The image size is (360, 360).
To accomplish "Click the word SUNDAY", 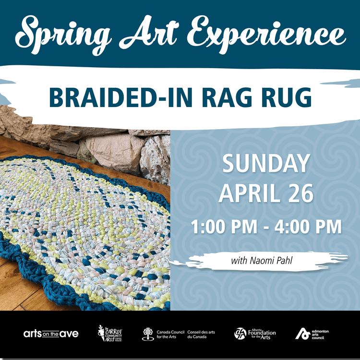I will point(266,165).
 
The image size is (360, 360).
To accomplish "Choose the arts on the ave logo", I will point(51,334).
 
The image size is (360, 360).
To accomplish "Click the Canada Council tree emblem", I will point(148,334).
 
